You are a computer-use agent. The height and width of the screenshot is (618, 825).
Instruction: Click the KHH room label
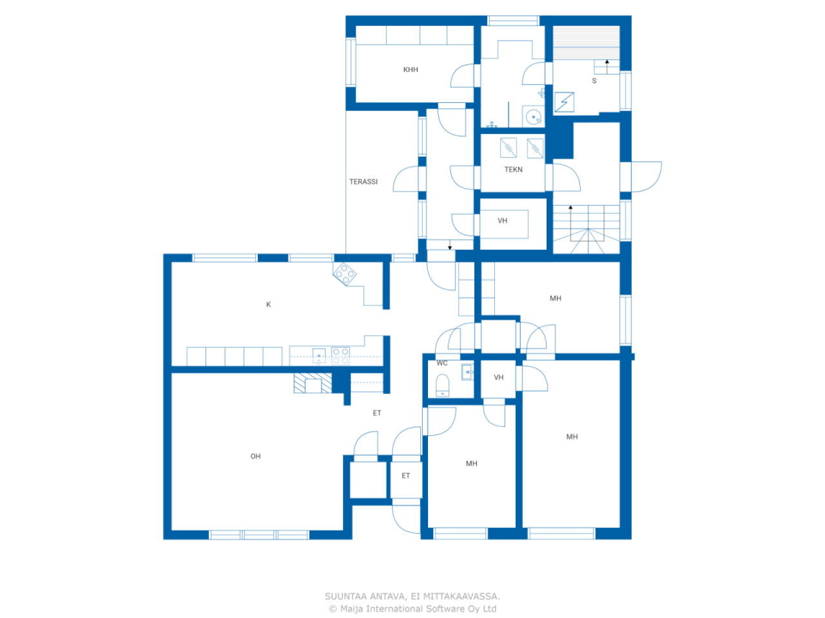(410, 70)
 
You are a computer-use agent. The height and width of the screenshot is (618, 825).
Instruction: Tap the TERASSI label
(363, 182)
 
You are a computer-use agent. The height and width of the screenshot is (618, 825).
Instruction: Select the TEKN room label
(513, 169)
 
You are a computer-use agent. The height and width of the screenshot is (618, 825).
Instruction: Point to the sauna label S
(594, 80)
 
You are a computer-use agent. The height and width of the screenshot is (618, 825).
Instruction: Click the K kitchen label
(268, 304)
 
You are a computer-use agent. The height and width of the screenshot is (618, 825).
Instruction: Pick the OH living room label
(255, 456)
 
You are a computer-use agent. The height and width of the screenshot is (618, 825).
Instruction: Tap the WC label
(442, 363)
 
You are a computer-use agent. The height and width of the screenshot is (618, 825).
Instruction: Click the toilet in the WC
(442, 385)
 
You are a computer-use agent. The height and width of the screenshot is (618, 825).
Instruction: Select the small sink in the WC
(467, 372)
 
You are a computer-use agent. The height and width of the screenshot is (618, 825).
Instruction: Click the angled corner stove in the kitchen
(344, 274)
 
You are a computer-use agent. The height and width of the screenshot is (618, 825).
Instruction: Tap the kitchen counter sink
(319, 355)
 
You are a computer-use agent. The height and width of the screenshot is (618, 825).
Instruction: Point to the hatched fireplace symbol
(313, 383)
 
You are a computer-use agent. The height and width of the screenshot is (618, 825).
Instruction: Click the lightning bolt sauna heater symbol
(564, 102)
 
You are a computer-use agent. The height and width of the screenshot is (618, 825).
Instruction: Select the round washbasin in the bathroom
(533, 117)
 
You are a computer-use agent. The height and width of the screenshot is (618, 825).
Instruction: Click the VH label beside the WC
(498, 377)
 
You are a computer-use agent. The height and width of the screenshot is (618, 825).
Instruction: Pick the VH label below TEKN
(502, 221)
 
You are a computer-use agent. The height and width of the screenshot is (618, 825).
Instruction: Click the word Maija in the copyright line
(351, 608)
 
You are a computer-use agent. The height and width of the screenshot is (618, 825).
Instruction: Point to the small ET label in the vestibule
(405, 476)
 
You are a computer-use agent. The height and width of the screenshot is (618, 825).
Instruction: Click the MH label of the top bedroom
(555, 298)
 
